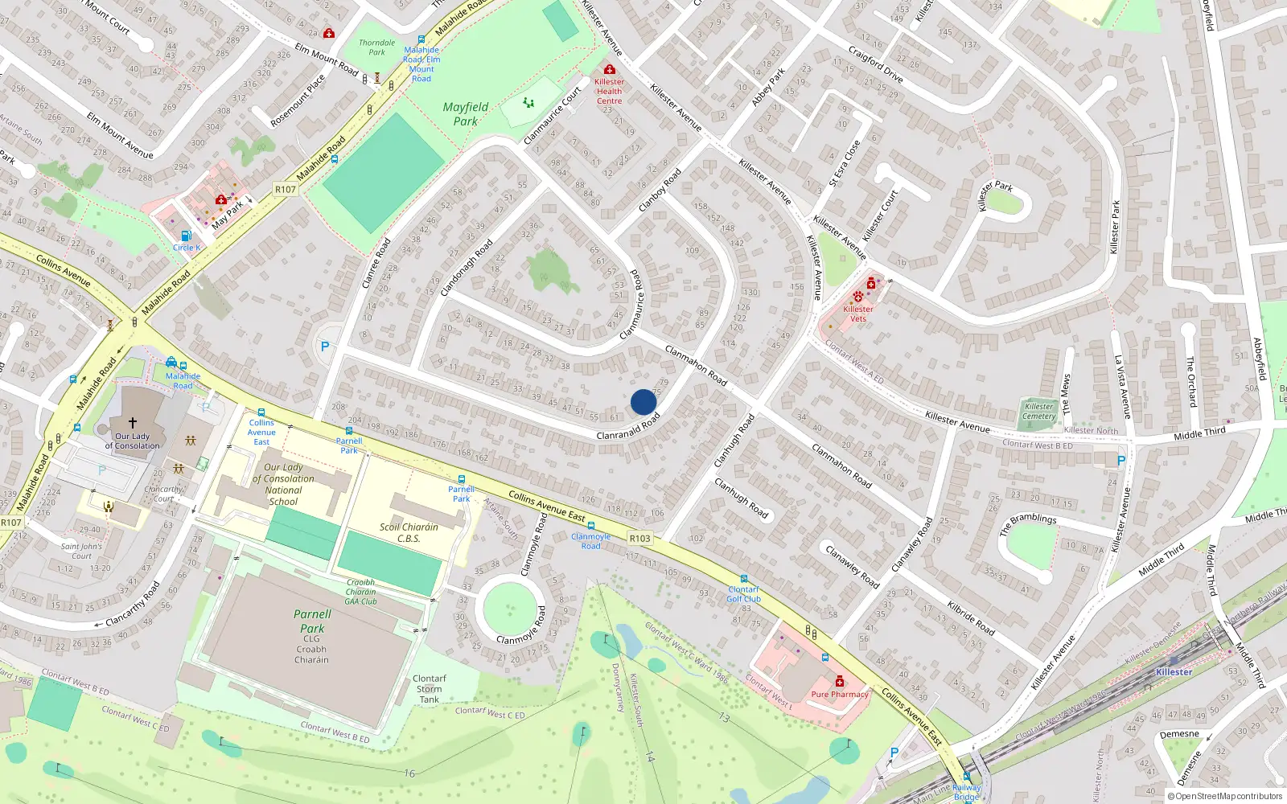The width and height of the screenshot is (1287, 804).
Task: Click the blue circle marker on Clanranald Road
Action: coord(643,402)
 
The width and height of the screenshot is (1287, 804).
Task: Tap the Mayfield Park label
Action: coord(465,114)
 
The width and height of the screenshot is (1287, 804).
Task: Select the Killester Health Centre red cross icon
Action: coord(610,70)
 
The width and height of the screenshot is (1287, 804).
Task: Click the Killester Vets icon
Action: coord(858,297)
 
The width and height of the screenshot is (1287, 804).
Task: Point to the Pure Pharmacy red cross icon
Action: coord(840,682)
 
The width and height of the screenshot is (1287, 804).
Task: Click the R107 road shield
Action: coord(286,190)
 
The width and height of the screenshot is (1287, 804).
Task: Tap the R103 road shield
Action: coord(639,538)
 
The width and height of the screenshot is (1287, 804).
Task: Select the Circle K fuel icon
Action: coord(186,236)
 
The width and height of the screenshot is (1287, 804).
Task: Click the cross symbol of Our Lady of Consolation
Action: coord(133,421)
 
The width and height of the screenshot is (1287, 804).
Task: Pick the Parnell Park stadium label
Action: coord(312,621)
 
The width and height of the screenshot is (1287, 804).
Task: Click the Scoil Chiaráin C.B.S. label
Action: coord(409,532)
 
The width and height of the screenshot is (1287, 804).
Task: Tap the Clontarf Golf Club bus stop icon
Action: coord(744,579)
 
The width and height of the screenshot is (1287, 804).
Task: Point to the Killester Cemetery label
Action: coord(1038,411)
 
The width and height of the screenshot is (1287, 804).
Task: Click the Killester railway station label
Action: coord(1174,672)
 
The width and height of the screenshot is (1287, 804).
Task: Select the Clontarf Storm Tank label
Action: coord(430,689)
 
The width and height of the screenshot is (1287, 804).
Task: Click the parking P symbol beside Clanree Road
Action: coord(325,347)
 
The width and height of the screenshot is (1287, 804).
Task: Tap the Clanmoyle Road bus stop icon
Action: coord(591,527)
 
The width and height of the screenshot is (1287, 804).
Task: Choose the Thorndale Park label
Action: coord(376,47)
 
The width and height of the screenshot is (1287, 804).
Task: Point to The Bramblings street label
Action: coord(1028,524)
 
